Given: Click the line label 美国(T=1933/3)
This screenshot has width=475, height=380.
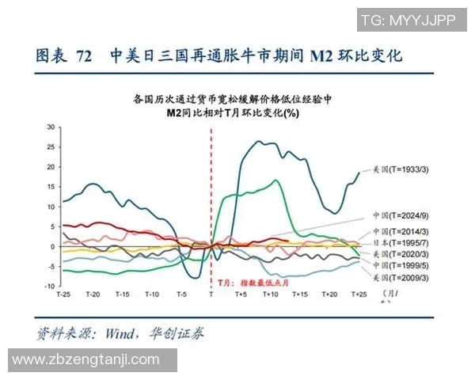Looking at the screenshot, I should (401, 169).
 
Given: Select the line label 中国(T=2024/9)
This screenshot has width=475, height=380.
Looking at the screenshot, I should (401, 216).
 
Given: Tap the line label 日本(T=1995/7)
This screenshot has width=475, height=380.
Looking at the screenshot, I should (401, 242).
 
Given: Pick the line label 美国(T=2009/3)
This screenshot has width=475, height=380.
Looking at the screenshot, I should (401, 278).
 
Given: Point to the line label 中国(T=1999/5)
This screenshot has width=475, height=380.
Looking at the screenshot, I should (401, 266).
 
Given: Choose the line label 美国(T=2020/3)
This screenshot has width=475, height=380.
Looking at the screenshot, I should (401, 254).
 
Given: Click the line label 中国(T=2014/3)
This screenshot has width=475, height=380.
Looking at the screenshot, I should (401, 231).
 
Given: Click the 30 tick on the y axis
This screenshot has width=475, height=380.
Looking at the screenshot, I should (50, 127).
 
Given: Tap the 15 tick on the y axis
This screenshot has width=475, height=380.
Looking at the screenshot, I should (50, 187).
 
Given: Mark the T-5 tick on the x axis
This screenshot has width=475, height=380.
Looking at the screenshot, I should (180, 294).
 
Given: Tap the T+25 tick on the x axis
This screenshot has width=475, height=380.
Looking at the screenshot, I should (359, 294).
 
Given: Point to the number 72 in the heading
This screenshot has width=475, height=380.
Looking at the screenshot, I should (84, 56).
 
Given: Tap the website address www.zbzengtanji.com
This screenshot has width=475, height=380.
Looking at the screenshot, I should (86, 360).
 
